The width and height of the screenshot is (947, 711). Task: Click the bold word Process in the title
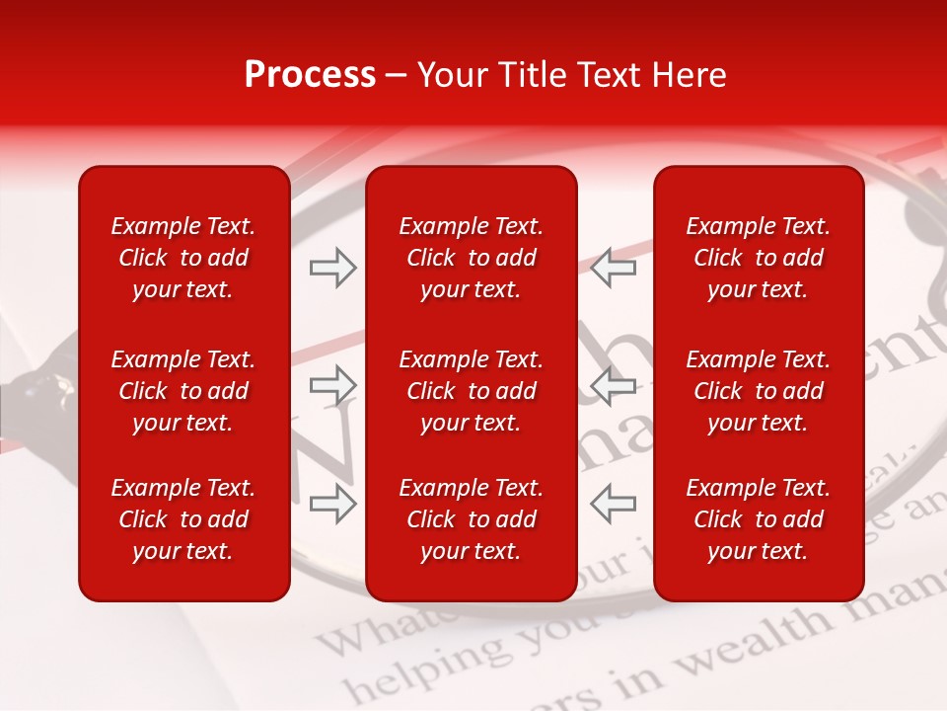tap(310, 75)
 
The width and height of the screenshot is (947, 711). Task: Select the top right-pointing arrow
tap(332, 268)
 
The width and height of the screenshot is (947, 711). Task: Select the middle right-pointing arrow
tap(332, 384)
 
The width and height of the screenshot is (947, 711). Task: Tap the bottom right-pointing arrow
tap(332, 503)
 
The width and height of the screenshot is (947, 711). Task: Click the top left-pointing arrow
tap(614, 268)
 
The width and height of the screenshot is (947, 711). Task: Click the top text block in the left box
tap(183, 258)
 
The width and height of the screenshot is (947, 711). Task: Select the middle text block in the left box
tap(183, 391)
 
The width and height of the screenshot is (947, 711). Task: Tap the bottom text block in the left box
tap(183, 519)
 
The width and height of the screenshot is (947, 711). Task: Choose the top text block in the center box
tap(472, 258)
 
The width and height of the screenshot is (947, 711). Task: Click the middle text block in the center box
tap(472, 391)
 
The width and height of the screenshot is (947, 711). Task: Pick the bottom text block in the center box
tap(472, 519)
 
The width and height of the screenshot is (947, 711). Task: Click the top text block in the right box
tap(759, 258)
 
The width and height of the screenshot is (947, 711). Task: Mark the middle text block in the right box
tap(759, 391)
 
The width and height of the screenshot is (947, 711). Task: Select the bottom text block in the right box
tap(759, 519)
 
